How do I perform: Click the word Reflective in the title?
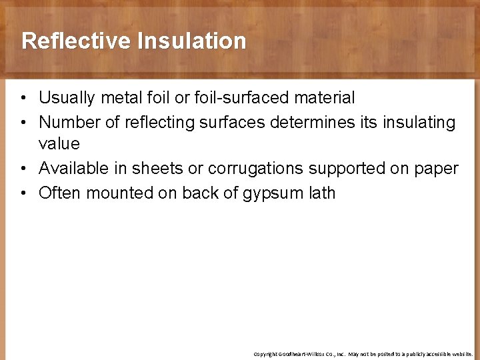(x=77, y=41)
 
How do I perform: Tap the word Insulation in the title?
(x=192, y=41)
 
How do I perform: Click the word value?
(x=59, y=144)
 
